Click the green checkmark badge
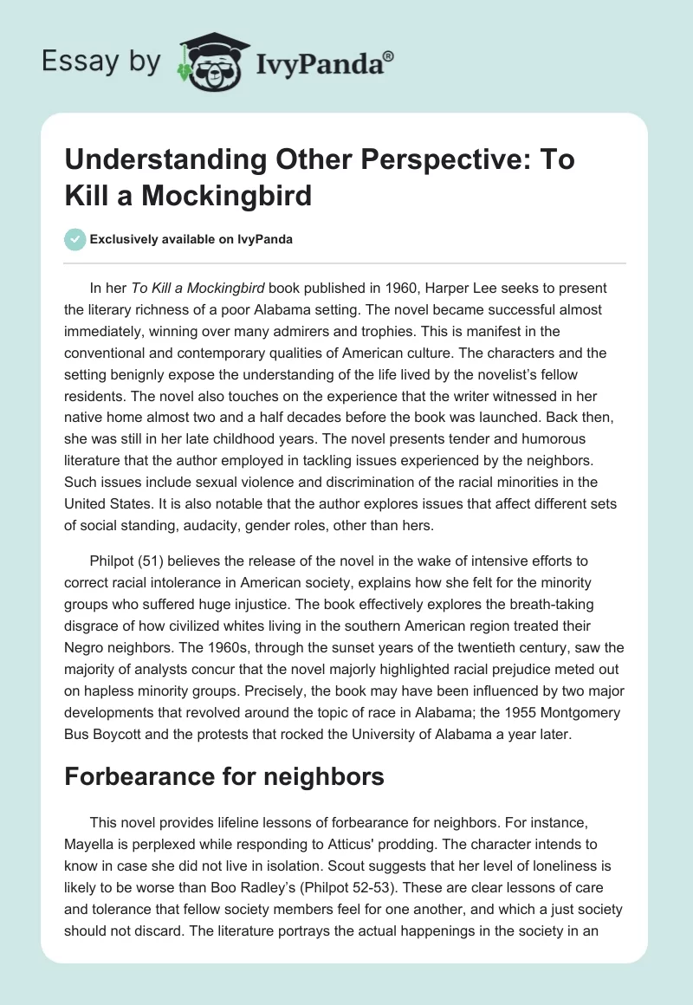click(x=76, y=239)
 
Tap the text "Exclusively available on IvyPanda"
click(x=191, y=240)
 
